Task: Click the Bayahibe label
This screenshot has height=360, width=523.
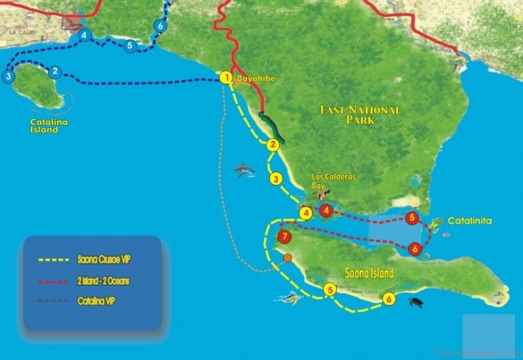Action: [x=256, y=79]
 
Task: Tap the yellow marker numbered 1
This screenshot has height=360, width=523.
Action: [x=226, y=78]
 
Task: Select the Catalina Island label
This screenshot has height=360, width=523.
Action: [x=49, y=125]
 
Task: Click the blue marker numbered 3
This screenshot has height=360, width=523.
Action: [x=8, y=76]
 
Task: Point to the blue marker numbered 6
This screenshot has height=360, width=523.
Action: [x=160, y=26]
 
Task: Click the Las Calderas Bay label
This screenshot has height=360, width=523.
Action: [x=327, y=181]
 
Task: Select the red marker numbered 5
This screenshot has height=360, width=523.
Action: [x=412, y=218]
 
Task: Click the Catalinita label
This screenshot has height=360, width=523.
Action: [x=469, y=221]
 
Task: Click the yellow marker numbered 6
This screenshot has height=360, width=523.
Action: [x=390, y=299]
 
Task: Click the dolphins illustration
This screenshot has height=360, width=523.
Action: [x=245, y=170]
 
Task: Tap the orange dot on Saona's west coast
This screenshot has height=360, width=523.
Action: [x=288, y=258]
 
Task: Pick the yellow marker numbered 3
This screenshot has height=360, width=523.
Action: [x=276, y=178]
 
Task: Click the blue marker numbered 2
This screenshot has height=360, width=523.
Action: [x=56, y=71]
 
